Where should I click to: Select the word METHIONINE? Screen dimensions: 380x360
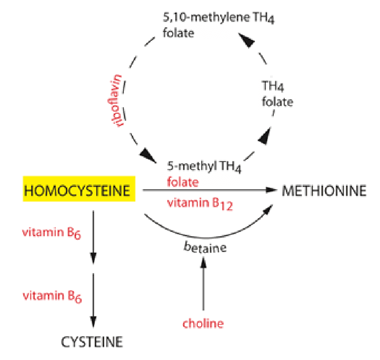(x=324, y=191)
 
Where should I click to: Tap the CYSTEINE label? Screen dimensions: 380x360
(x=92, y=342)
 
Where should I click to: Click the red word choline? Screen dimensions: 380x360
(x=203, y=324)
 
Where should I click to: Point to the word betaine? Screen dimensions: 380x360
(x=205, y=247)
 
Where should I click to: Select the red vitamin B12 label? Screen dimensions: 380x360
(x=200, y=204)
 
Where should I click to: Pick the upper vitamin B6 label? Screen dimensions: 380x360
(x=51, y=233)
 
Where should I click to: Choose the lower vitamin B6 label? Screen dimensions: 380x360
(x=52, y=296)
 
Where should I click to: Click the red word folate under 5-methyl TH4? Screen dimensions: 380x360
(x=183, y=182)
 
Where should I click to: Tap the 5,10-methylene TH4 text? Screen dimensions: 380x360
(x=219, y=18)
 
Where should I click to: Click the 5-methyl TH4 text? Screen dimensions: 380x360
(x=204, y=166)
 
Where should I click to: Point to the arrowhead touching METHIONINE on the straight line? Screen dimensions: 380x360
(x=271, y=190)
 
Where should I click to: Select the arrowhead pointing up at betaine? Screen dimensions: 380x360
(x=203, y=262)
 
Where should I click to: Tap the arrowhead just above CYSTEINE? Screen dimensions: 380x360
(x=93, y=322)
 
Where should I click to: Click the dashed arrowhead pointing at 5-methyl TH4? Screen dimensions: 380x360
(x=148, y=155)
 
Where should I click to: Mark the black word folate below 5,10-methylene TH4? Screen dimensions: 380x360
(x=178, y=33)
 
